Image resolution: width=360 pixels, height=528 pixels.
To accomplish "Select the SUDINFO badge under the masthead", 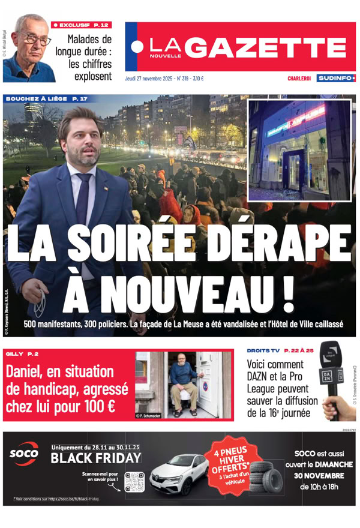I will click(x=336, y=78).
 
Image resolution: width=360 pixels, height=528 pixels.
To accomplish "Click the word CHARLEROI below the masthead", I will click(x=298, y=79).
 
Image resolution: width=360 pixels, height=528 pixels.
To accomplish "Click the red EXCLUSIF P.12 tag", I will click(x=82, y=25).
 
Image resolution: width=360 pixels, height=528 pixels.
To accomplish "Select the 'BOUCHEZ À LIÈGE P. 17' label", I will click(x=46, y=98).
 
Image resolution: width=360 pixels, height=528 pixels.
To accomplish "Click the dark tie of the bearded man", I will click(x=83, y=197).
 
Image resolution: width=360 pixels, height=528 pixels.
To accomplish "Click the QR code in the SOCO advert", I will click(x=134, y=481).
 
